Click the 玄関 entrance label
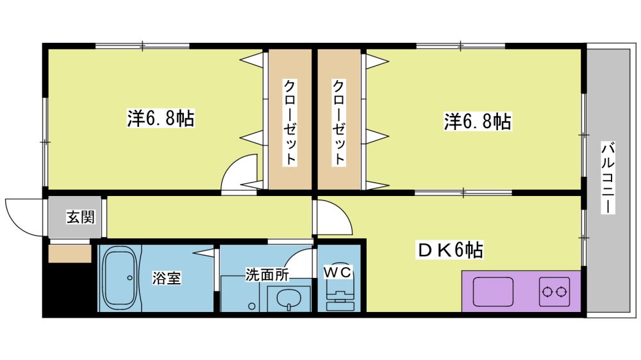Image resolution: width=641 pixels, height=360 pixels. tap(81, 217)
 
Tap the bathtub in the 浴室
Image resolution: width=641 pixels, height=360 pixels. tap(119, 278)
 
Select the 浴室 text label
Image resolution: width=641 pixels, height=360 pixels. tap(167, 278)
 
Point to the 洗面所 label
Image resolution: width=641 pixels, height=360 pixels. tap(267, 275)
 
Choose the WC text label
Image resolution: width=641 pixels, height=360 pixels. tap(338, 272)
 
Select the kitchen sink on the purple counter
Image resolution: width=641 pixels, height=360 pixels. tap(493, 291)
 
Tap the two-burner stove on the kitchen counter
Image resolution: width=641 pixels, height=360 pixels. tap(554, 291)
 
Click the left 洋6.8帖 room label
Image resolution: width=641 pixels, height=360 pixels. tap(161, 119)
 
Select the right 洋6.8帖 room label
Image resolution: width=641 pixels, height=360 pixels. tap(478, 121)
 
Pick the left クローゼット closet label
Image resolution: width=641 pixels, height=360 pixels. tap(290, 122)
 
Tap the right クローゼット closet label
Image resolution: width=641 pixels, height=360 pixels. tap(338, 122)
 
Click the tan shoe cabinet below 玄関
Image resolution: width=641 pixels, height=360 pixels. tap(69, 254)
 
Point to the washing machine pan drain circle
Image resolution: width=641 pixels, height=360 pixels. tap(252, 306)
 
